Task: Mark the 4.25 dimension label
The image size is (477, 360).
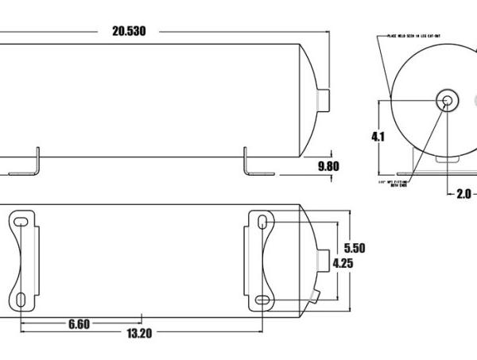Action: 343,263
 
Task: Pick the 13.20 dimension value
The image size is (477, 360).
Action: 138,333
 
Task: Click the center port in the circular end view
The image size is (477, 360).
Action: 446,101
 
